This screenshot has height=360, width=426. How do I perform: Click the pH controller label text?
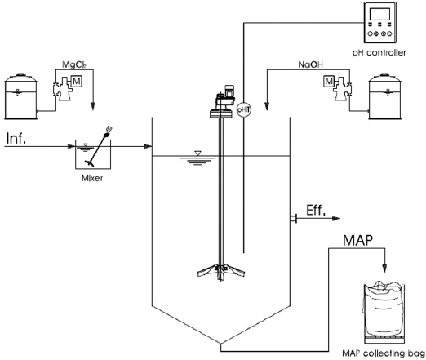tap(379, 52)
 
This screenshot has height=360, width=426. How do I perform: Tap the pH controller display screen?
tap(380, 14)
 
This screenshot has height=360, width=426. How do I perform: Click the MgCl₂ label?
tap(74, 64)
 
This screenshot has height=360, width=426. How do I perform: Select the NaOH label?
tap(310, 64)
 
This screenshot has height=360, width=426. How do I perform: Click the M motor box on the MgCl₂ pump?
tap(77, 81)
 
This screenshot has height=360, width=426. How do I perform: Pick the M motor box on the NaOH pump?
tap(329, 81)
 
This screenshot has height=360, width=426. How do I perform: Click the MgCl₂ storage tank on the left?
tap(20, 96)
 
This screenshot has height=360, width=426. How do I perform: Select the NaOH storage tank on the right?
tap(384, 96)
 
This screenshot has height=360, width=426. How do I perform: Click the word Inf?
tap(16, 138)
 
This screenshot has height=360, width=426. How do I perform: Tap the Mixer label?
tap(92, 178)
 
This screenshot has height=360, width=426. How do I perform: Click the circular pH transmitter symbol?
tap(243, 110)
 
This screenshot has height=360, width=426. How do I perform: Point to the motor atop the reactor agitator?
tap(225, 96)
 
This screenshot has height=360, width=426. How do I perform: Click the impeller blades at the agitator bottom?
tap(221, 271)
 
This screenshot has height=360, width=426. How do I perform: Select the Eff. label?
tap(316, 211)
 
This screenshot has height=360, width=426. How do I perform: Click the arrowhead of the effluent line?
tap(336, 218)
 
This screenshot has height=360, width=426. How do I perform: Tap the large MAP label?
tap(357, 240)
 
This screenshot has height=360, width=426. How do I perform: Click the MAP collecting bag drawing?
tap(384, 312)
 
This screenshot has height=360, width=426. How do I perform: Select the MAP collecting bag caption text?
tap(384, 353)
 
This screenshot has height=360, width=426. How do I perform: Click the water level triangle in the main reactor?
tap(197, 153)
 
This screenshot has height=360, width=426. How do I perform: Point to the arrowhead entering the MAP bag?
tap(384, 269)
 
